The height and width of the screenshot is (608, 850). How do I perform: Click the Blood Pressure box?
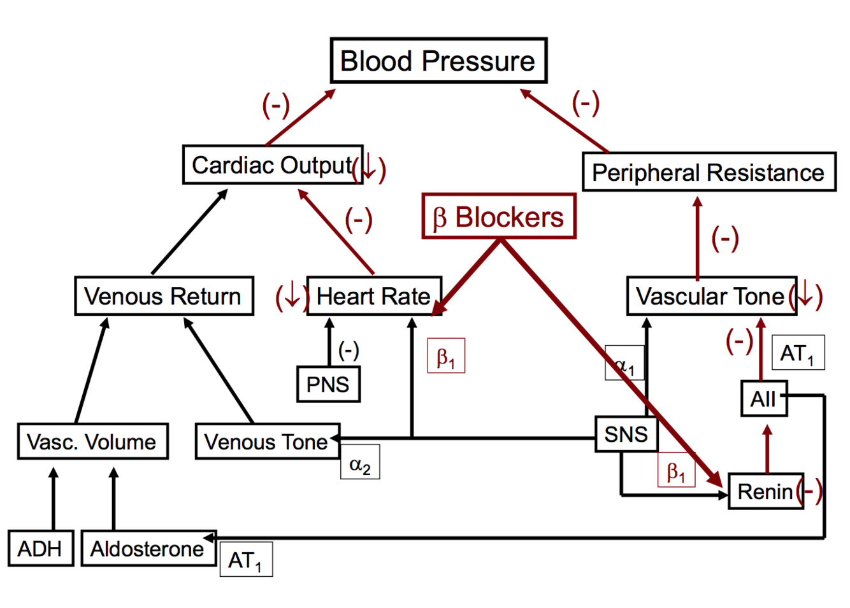(x=438, y=61)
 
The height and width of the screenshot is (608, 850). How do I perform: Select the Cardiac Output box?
(x=272, y=165)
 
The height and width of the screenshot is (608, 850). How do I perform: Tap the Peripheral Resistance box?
(x=709, y=172)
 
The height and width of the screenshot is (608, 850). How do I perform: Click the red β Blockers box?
(x=499, y=217)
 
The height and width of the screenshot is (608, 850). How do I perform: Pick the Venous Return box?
(x=164, y=296)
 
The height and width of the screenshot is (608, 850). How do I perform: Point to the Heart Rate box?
(x=374, y=296)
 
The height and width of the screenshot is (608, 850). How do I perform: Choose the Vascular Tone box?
(x=711, y=296)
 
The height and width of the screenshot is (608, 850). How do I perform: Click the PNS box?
(x=328, y=384)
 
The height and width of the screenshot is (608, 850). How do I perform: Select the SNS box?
(x=626, y=434)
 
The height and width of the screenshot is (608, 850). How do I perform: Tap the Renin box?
(x=765, y=491)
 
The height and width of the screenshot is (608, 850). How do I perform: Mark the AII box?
(x=763, y=399)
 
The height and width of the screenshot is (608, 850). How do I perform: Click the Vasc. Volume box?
(x=92, y=441)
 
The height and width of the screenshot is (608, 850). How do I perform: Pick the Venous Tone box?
(x=267, y=441)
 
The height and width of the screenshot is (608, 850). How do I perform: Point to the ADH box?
(x=40, y=548)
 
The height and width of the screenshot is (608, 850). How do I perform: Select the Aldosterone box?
(x=148, y=548)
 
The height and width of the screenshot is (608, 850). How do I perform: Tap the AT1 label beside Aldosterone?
(x=246, y=560)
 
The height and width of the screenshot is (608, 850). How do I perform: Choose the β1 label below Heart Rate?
(x=446, y=356)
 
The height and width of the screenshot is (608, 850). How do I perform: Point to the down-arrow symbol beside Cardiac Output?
(x=369, y=167)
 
